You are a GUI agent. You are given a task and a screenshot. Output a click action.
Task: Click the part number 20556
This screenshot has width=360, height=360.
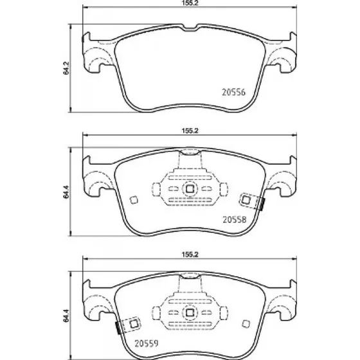(x=233, y=92)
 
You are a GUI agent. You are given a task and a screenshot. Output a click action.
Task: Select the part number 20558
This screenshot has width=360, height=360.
(x=235, y=220)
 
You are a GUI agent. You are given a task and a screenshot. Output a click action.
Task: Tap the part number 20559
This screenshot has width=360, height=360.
(x=147, y=343)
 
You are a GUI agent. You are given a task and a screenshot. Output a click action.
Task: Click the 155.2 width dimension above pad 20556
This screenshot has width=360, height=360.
(x=190, y=3)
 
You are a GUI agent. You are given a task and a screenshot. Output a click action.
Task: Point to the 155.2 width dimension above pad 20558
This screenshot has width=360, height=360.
(x=190, y=130)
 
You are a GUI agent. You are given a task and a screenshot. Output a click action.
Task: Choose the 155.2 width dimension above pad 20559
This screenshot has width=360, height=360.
(x=190, y=255)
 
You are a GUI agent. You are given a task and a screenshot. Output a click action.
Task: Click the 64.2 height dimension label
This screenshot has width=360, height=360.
(x=66, y=68)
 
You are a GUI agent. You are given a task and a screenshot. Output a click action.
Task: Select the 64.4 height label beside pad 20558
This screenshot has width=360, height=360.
(x=66, y=192)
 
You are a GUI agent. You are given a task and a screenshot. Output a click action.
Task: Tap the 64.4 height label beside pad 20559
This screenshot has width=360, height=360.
(x=66, y=316)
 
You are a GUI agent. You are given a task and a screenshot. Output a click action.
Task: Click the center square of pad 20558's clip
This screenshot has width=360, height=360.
(x=190, y=189)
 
